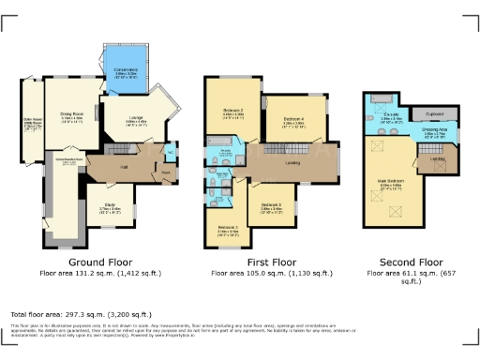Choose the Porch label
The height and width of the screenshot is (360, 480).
[x=166, y=172]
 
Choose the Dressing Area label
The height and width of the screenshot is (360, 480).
[x=432, y=133]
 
